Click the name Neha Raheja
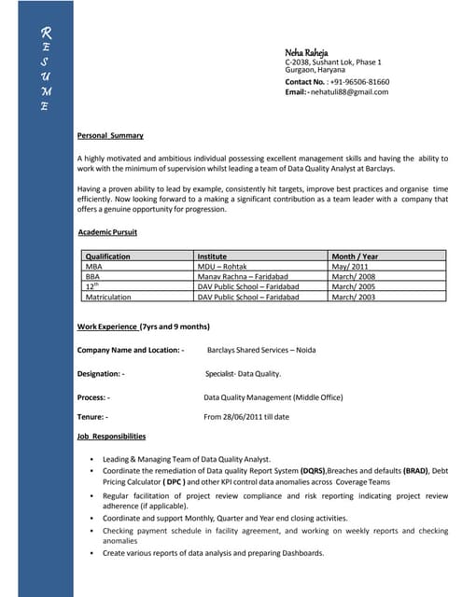pyautogui.click(x=306, y=51)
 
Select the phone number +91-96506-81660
pyautogui.click(x=359, y=82)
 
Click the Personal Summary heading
pyautogui.click(x=110, y=136)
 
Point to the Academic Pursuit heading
pyautogui.click(x=107, y=231)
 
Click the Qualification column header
pyautogui.click(x=107, y=256)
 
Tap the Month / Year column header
pyautogui.click(x=355, y=256)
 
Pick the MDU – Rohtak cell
pyautogui.click(x=222, y=266)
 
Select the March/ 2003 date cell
pyautogui.click(x=354, y=297)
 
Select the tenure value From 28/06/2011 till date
pyautogui.click(x=246, y=416)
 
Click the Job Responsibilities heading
pyautogui.click(x=111, y=437)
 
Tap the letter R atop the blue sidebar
pyautogui.click(x=44, y=33)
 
